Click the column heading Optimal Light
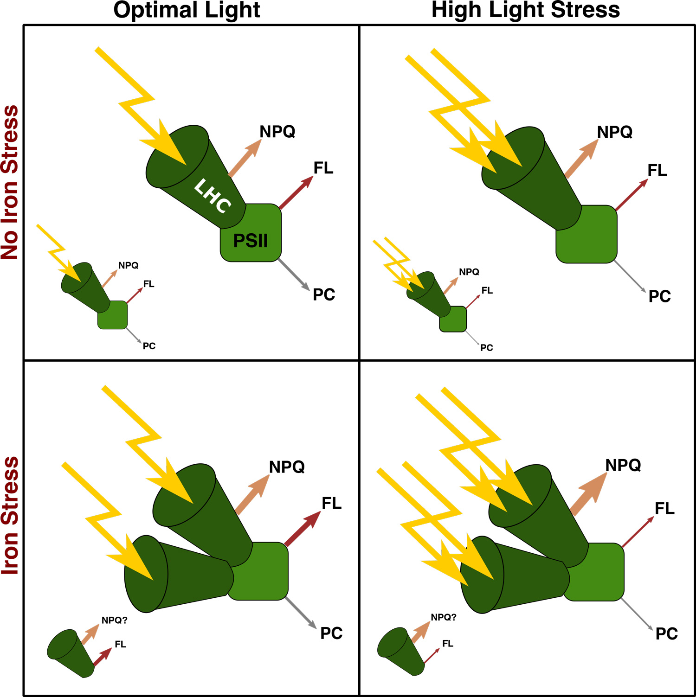(187, 10)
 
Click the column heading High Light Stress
(525, 10)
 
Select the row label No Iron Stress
(10, 182)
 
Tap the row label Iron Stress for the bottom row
(10, 516)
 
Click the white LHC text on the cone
(213, 197)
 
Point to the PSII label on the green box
(251, 241)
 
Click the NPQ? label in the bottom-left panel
(114, 620)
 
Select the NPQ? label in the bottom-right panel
(444, 617)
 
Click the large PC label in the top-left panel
(324, 295)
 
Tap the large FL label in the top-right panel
(657, 171)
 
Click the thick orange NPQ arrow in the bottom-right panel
(588, 493)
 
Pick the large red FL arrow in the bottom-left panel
(303, 528)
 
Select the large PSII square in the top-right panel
(586, 234)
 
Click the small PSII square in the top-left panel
(113, 315)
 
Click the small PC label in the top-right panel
(486, 348)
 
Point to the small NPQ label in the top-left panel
(128, 266)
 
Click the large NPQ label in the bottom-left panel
(287, 467)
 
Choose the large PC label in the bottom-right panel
(666, 634)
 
